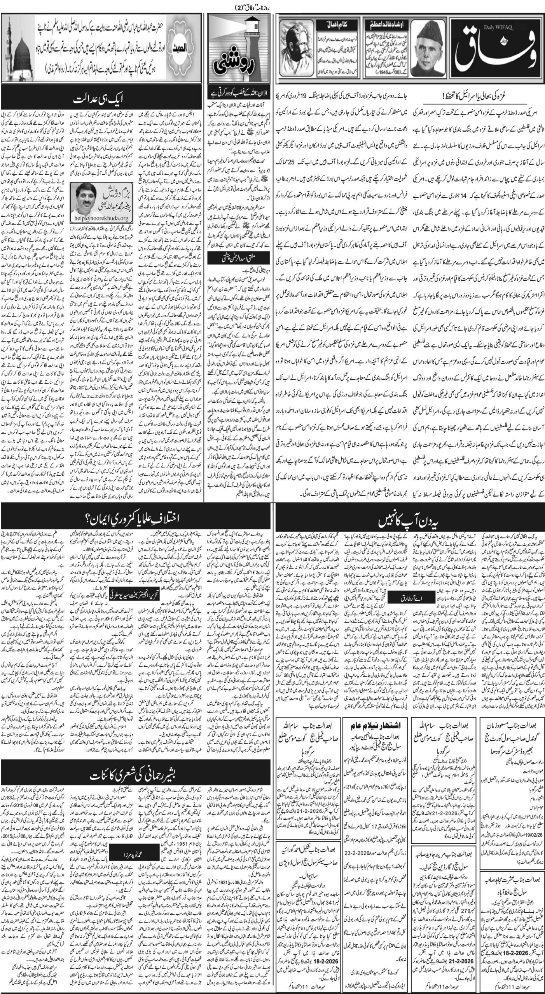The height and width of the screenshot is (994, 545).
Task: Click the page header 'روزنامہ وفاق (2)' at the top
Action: click(272, 5)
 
